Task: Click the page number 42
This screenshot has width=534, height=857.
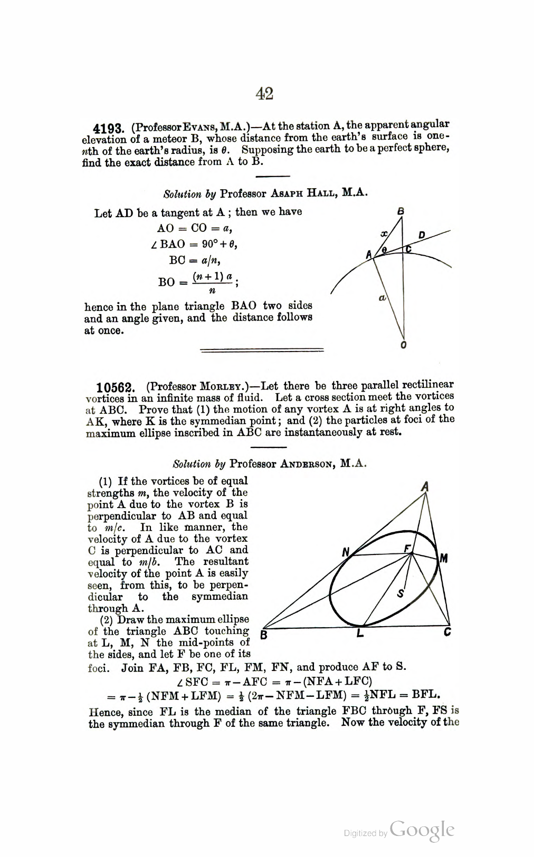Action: tap(264, 94)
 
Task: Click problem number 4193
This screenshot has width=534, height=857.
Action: tap(108, 129)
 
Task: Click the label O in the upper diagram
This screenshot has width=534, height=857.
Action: tap(404, 346)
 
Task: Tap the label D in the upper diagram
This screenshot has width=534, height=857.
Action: tap(421, 235)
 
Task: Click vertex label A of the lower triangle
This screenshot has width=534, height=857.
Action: tap(424, 487)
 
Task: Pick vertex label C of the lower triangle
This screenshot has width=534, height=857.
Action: tap(447, 632)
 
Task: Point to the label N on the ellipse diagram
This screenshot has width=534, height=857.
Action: tap(346, 552)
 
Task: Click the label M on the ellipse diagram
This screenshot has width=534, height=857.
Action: tap(444, 558)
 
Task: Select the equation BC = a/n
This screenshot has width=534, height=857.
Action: tap(194, 260)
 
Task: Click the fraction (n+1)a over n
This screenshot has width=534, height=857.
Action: tap(212, 283)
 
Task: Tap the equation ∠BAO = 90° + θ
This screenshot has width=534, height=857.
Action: tap(193, 245)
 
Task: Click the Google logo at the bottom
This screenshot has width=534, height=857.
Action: tap(422, 831)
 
